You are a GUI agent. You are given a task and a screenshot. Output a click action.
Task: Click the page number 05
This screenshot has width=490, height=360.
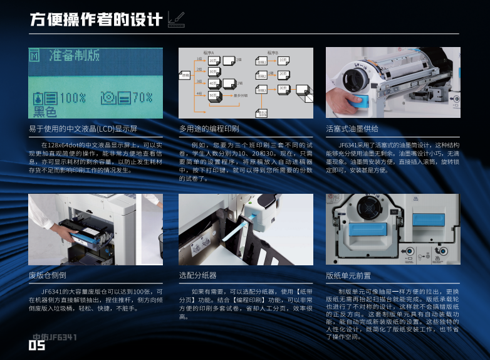click(x=37, y=346)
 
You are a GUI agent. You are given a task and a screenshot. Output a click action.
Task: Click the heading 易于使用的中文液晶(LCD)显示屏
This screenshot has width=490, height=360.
click(x=83, y=129)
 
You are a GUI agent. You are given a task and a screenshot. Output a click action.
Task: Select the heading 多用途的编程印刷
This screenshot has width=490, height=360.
click(x=209, y=129)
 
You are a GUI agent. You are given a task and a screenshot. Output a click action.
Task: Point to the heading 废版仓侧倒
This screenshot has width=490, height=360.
click(x=48, y=275)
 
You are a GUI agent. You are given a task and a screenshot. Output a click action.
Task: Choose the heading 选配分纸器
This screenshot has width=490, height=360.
click(x=197, y=275)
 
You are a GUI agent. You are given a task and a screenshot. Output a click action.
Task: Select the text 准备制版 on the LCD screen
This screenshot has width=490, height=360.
click(x=74, y=56)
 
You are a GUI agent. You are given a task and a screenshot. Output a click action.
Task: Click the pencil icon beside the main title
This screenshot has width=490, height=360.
click(x=176, y=21)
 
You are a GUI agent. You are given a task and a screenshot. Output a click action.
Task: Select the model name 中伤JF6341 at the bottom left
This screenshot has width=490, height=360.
click(x=55, y=337)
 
